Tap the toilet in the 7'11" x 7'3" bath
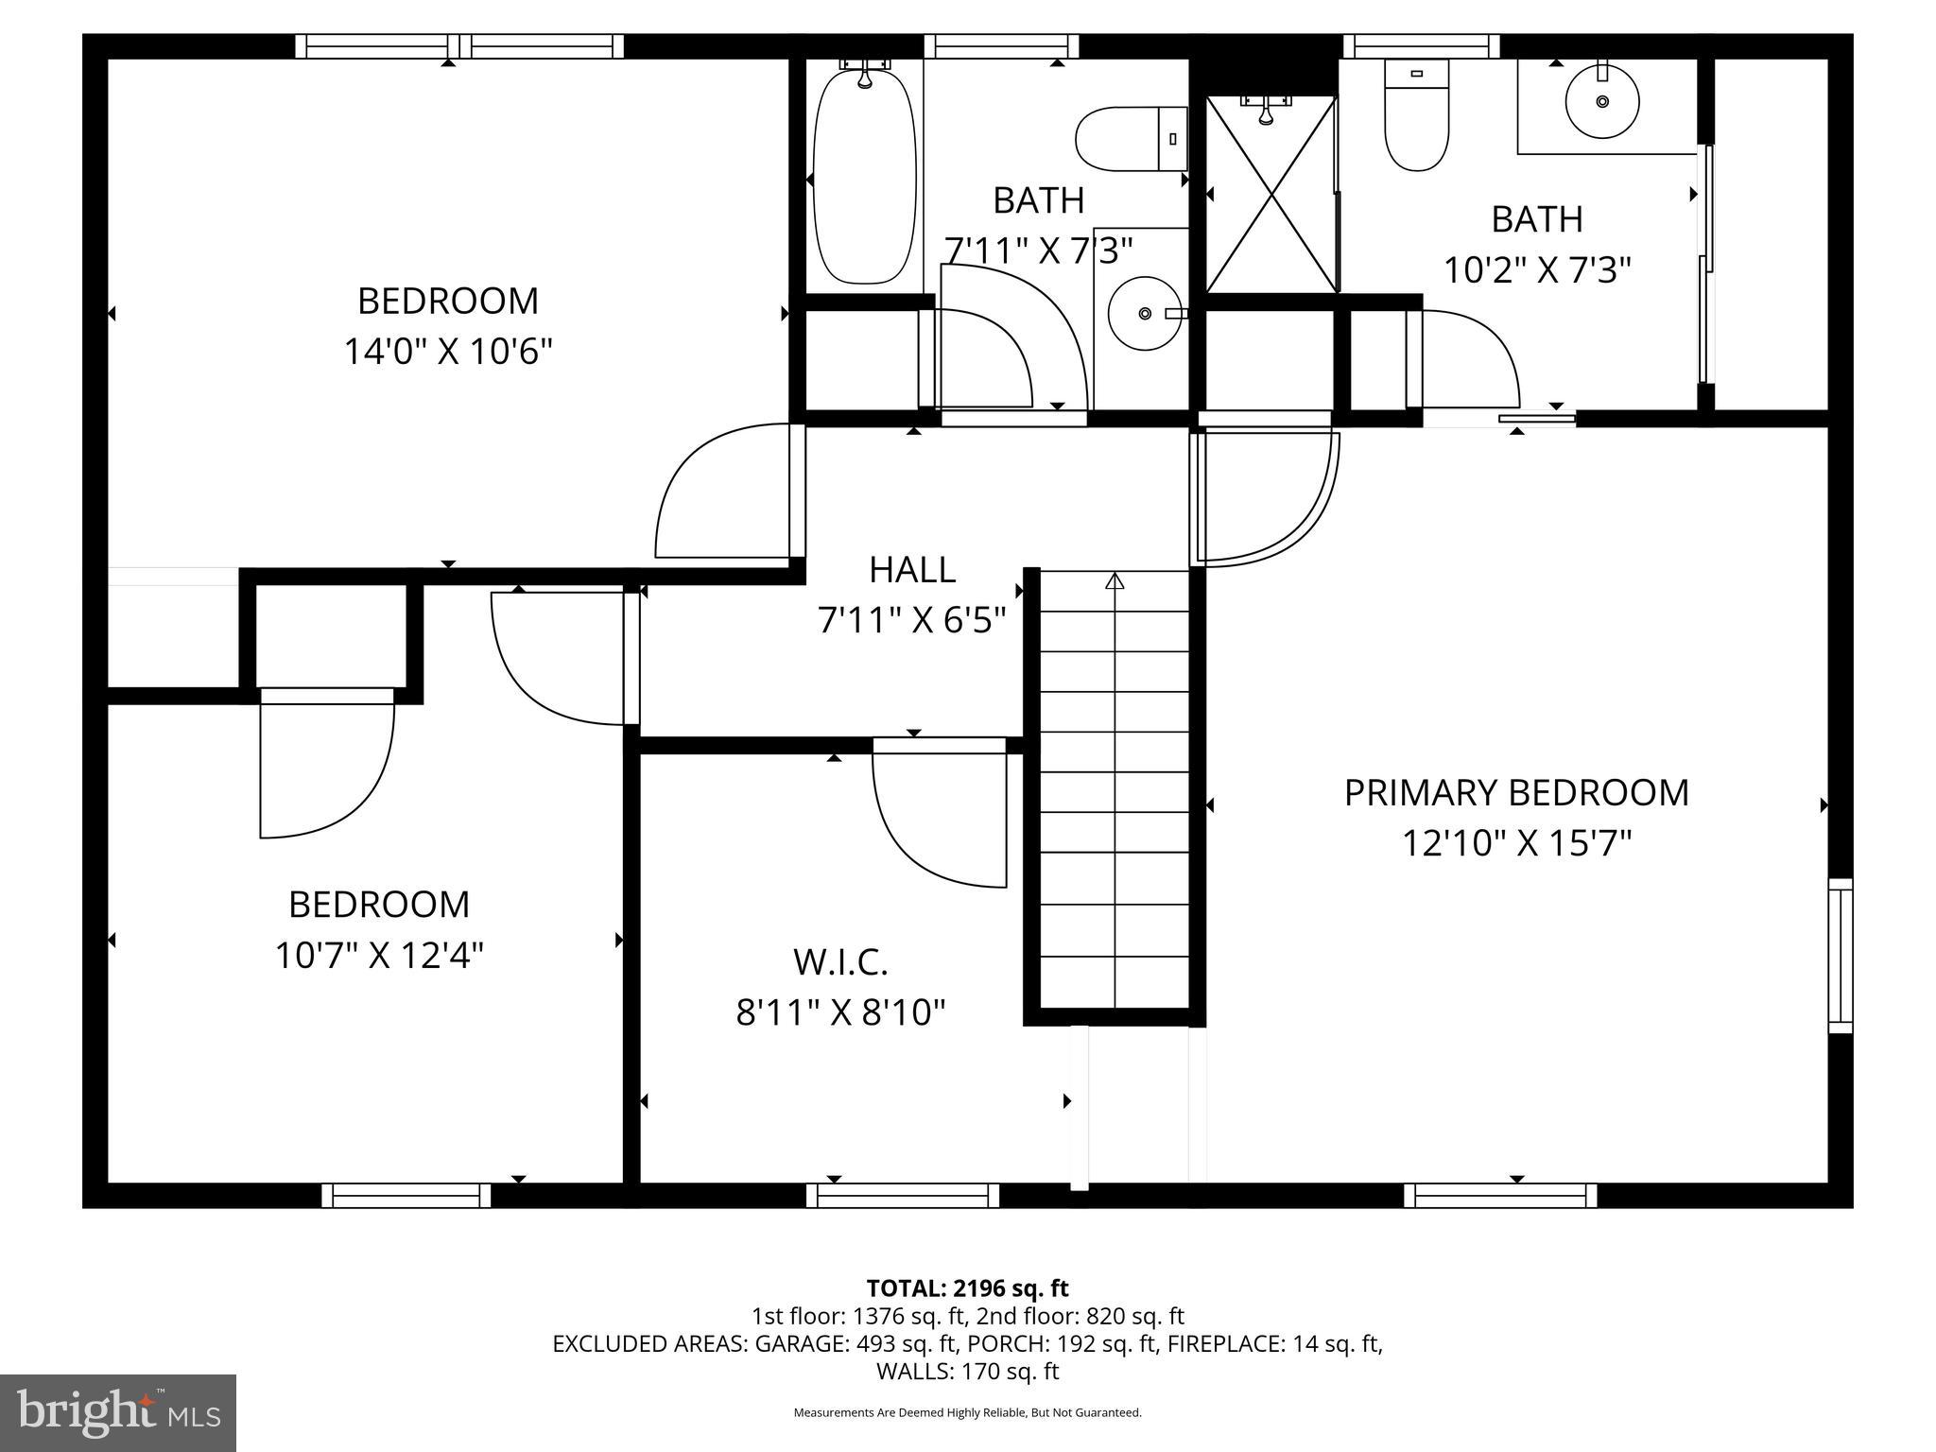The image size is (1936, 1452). click(1131, 139)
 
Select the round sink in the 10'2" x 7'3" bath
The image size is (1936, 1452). click(1601, 101)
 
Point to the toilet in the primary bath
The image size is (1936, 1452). click(1416, 115)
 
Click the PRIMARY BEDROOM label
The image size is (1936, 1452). click(1515, 793)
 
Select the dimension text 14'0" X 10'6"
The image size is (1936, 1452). click(447, 352)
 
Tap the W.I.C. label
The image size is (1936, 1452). click(840, 962)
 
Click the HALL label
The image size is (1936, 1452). click(911, 570)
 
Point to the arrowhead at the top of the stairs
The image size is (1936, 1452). click(1115, 580)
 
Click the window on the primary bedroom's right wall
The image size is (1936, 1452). click(1840, 955)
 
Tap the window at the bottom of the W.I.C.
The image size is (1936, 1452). click(903, 1196)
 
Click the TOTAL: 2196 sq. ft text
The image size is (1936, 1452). click(967, 1288)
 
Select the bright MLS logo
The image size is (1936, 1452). click(118, 1412)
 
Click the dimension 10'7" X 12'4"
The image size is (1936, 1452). click(379, 955)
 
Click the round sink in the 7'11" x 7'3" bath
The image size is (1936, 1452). click(1145, 313)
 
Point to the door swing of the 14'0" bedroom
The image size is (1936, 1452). click(718, 496)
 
